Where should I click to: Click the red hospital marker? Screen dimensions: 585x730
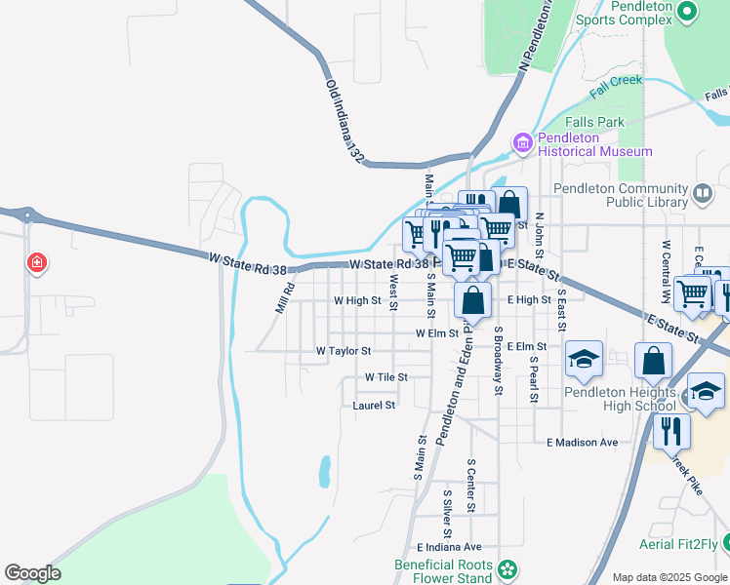tap(37, 263)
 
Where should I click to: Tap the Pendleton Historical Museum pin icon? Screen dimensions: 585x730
tap(523, 144)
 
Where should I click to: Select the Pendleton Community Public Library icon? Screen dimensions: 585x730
tap(702, 193)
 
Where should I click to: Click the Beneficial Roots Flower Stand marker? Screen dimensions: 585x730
tap(507, 569)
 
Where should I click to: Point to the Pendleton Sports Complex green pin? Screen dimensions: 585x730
tap(686, 12)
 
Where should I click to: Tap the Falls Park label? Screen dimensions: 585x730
tap(594, 123)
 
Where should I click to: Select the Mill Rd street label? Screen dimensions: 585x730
tap(284, 298)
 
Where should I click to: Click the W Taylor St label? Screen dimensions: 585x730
tap(344, 351)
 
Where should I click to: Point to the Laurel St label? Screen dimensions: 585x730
tap(374, 405)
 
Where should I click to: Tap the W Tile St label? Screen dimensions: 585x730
tap(385, 376)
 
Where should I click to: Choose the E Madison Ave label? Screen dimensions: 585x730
tap(583, 443)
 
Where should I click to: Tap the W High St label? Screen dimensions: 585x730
tap(357, 301)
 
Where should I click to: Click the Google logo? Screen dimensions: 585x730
tap(32, 573)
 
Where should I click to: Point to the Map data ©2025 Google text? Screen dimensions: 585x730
tap(669, 577)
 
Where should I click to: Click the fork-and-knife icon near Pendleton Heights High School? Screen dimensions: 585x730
tap(670, 429)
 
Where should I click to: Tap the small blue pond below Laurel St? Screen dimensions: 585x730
tap(324, 473)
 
